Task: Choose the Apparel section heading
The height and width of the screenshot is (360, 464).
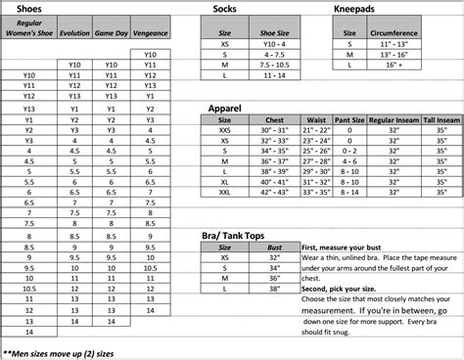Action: pyautogui.click(x=228, y=107)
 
